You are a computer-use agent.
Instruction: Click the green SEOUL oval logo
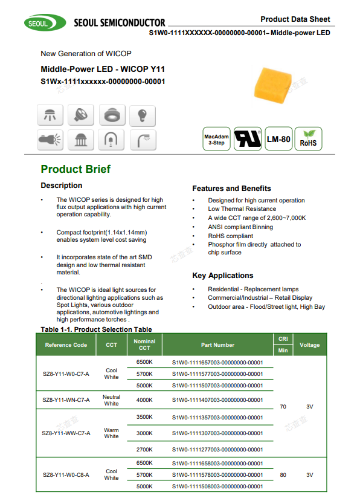click(45, 22)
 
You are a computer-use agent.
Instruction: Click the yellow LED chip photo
click(273, 85)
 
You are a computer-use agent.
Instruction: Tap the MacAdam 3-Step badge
click(216, 139)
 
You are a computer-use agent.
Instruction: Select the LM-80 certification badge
click(278, 139)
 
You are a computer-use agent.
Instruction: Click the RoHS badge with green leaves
click(308, 139)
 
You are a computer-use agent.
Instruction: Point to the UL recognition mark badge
click(248, 139)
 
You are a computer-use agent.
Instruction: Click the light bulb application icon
click(143, 115)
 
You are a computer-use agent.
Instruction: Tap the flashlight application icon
click(50, 140)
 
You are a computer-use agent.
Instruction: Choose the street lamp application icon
click(143, 140)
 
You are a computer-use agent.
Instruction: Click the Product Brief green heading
click(76, 169)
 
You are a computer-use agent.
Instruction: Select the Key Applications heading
click(222, 276)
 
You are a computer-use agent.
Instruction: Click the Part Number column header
click(217, 345)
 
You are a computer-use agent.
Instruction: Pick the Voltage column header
click(309, 345)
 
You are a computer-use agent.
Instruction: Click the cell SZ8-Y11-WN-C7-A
click(66, 400)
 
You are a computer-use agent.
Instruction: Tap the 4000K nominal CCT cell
click(144, 400)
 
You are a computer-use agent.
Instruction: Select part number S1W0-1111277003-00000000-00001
click(217, 450)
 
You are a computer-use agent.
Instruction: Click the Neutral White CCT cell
click(111, 400)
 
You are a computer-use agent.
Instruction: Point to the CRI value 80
click(283, 475)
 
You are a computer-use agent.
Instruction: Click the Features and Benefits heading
click(231, 189)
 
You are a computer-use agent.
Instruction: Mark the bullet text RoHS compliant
click(231, 236)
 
